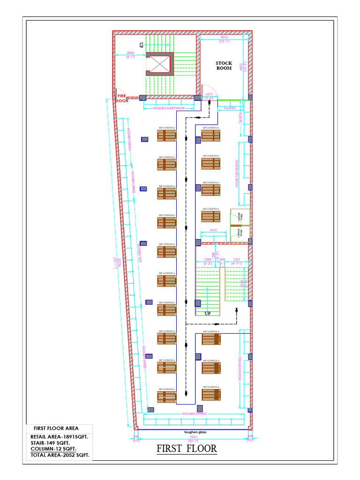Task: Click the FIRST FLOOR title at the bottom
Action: click(187, 449)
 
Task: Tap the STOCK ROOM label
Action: click(224, 66)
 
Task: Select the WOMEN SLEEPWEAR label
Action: click(168, 108)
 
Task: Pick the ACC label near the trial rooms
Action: click(214, 230)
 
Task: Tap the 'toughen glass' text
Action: click(192, 432)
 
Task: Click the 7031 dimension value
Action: click(192, 437)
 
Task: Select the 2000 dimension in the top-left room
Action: click(130, 53)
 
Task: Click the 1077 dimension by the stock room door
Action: click(209, 95)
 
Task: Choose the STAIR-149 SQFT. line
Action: click(50, 442)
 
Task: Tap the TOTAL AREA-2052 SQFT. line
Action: click(60, 455)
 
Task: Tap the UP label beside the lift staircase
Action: click(140, 45)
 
